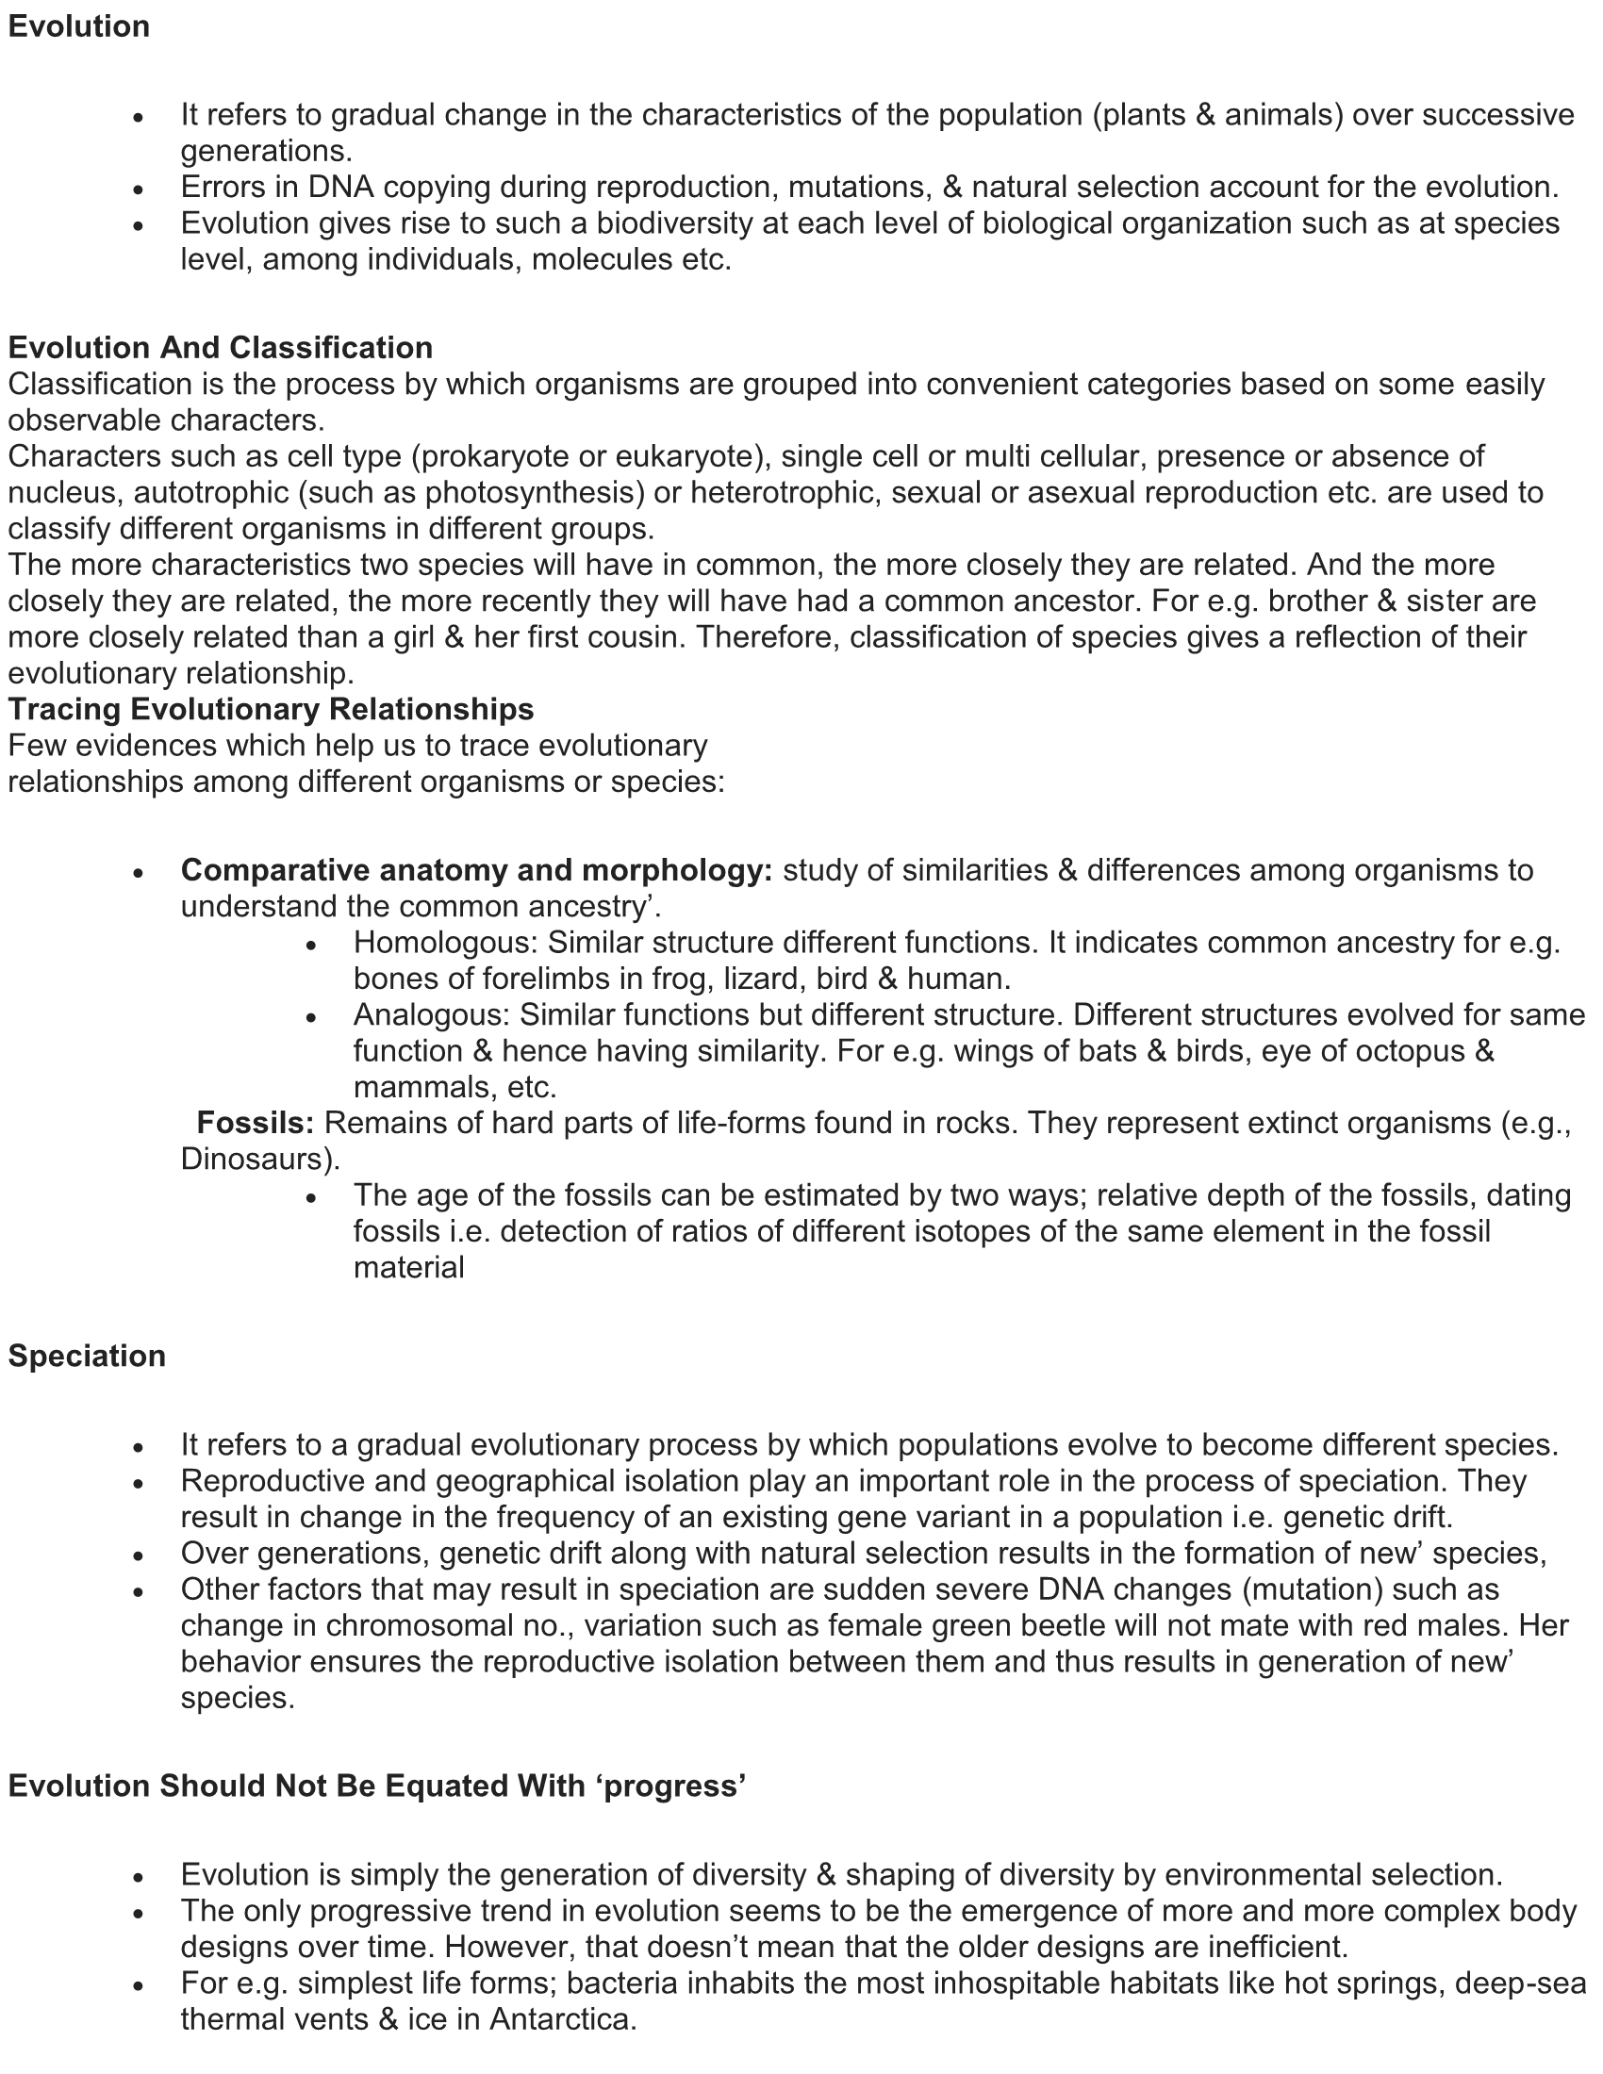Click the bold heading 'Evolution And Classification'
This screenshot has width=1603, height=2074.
(x=221, y=348)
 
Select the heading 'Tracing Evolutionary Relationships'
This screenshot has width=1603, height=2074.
(x=271, y=709)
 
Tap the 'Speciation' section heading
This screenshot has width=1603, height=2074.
(x=87, y=1356)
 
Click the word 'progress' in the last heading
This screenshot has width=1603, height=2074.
(x=671, y=1786)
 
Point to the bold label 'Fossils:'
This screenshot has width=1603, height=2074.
(x=255, y=1124)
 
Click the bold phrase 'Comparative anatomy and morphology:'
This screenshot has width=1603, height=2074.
(x=477, y=870)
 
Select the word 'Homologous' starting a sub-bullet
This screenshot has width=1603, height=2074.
(x=446, y=943)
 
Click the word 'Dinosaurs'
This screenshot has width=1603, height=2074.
(x=255, y=1160)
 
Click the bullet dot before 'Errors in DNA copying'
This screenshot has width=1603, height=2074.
(x=139, y=189)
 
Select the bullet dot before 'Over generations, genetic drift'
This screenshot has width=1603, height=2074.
(x=139, y=1555)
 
